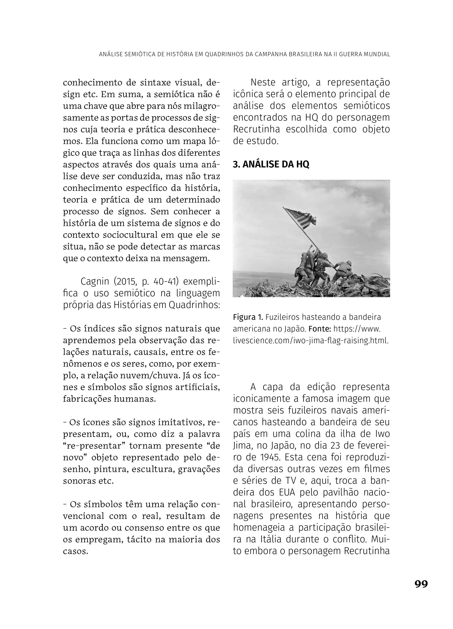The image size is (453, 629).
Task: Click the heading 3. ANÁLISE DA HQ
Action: pyautogui.click(x=271, y=164)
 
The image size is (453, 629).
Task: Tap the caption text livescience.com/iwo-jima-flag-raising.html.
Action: pyautogui.click(x=311, y=341)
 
